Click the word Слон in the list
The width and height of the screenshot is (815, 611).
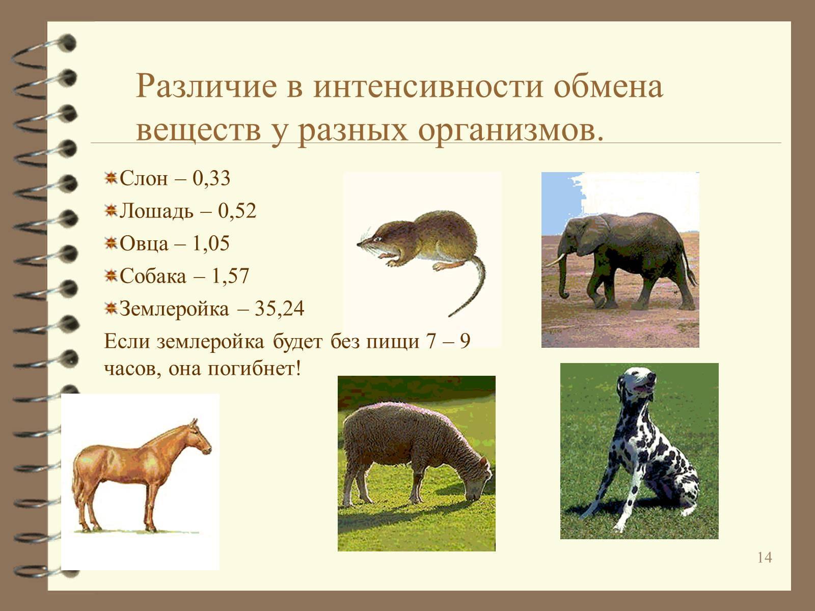(144, 178)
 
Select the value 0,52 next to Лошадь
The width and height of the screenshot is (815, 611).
(237, 211)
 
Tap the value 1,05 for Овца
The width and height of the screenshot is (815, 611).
(211, 244)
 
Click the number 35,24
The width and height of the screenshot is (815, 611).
(279, 309)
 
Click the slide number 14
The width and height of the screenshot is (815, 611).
(765, 558)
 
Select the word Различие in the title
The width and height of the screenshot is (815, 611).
(207, 86)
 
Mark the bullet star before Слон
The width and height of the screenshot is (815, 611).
(111, 178)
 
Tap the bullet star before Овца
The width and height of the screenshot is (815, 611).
(111, 243)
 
